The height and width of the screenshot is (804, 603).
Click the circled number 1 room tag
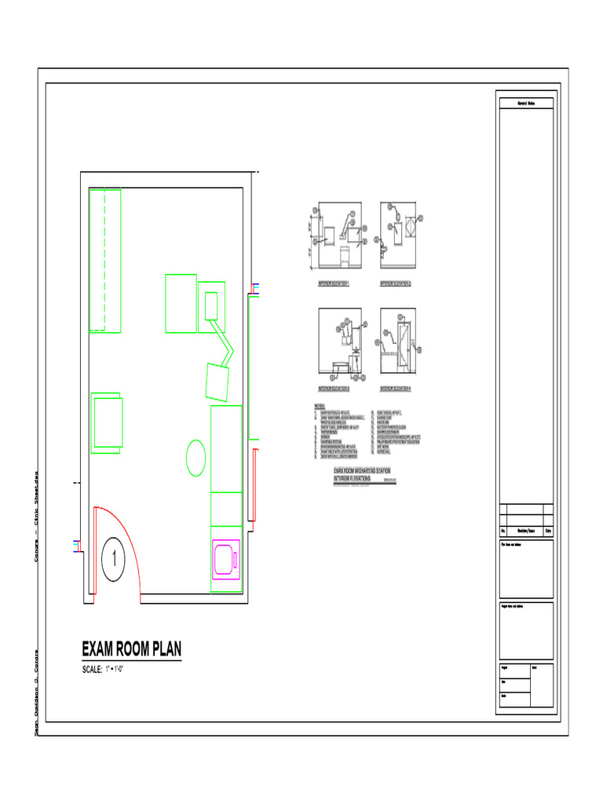114,561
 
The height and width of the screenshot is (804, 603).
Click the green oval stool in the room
196,458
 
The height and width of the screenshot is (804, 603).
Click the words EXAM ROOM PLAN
132,649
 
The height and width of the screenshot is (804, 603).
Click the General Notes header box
526,103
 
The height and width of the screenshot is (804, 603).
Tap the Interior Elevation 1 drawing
339,234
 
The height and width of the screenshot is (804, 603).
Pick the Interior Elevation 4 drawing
399,342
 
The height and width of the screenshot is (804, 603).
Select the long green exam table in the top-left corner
104,260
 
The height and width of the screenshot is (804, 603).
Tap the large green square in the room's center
181,302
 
